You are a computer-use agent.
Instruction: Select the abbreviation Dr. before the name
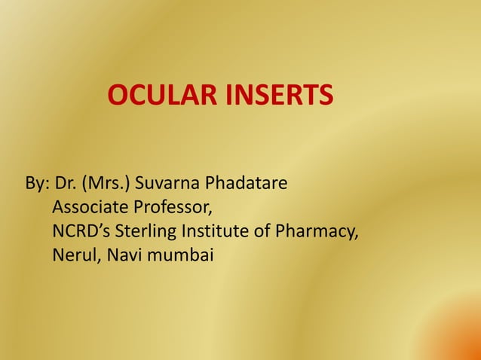(x=66, y=183)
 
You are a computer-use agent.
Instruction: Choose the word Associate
(x=90, y=207)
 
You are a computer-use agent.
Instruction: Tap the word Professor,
(x=172, y=207)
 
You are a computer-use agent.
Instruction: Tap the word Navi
(x=122, y=255)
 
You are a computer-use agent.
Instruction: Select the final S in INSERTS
(x=325, y=96)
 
